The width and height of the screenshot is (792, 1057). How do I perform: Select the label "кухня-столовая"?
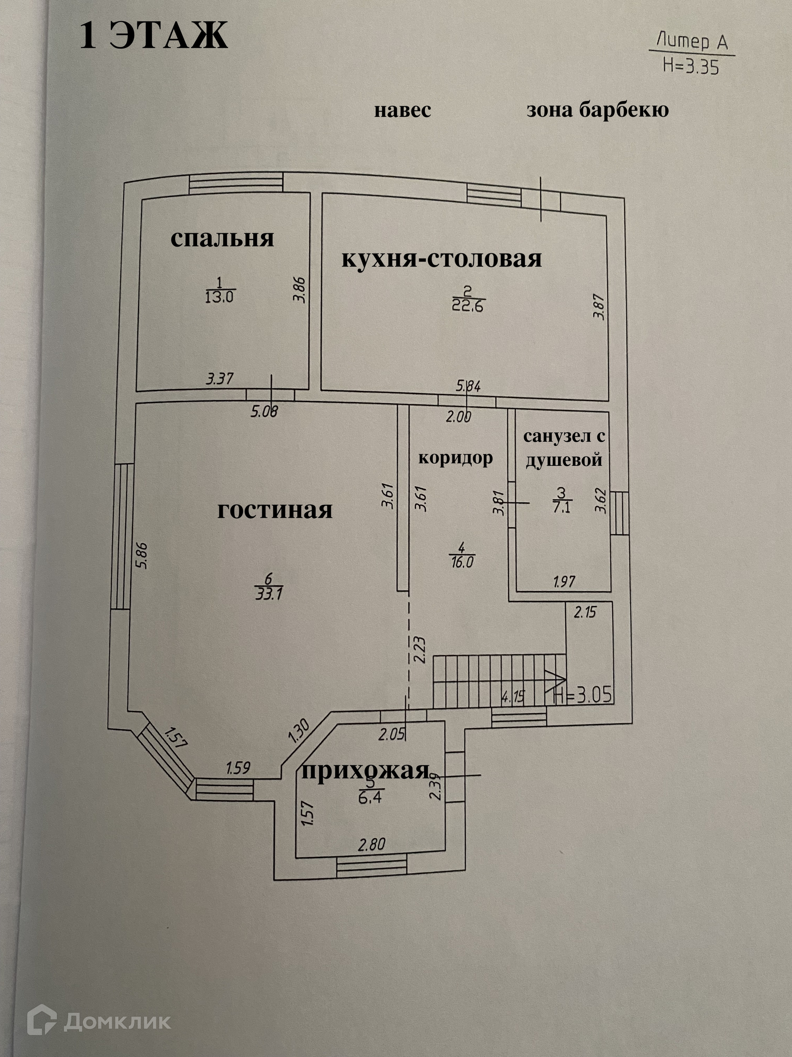click(442, 259)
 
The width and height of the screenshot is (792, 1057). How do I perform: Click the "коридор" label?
click(455, 458)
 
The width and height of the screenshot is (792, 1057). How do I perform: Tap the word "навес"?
click(403, 110)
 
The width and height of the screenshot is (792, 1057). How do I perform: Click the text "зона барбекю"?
click(597, 110)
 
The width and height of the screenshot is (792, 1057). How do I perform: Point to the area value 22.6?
click(467, 306)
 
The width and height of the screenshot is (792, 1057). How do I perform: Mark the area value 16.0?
click(462, 562)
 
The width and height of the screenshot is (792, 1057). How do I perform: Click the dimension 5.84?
click(468, 386)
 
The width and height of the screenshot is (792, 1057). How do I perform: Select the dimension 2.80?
click(371, 844)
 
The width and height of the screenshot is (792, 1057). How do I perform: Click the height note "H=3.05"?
click(582, 694)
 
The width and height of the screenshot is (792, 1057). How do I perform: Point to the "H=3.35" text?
click(691, 66)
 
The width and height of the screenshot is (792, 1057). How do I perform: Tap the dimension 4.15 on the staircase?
click(513, 697)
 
